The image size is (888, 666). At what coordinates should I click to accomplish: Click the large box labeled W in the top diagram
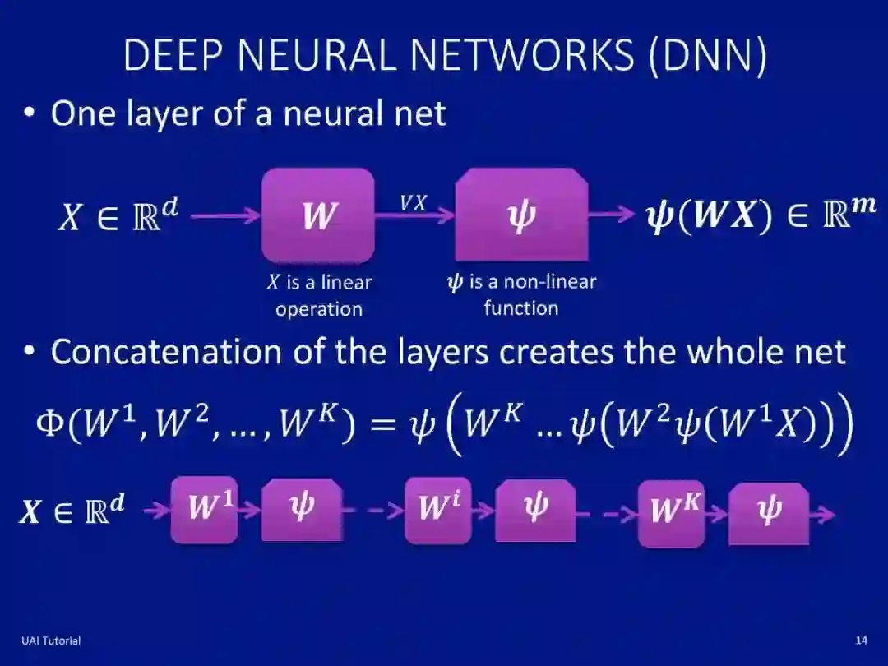[318, 215]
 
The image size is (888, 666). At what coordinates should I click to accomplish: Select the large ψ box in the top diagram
[521, 215]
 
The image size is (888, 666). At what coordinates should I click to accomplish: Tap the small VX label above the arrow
[414, 202]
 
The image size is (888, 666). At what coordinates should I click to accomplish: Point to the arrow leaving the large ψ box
[612, 215]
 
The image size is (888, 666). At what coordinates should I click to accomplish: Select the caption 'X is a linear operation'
[319, 295]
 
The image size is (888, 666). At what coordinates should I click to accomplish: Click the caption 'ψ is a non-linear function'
[521, 294]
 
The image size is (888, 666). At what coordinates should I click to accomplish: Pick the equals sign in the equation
[381, 426]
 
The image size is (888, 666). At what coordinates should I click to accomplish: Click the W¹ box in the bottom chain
[204, 510]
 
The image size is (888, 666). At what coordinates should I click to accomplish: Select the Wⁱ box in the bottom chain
[437, 510]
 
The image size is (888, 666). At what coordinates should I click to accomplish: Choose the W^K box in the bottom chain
[671, 511]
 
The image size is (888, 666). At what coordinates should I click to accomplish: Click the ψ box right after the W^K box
[769, 511]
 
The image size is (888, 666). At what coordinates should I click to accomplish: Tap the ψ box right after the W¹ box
[302, 510]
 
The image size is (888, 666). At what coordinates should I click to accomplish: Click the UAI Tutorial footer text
[51, 641]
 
